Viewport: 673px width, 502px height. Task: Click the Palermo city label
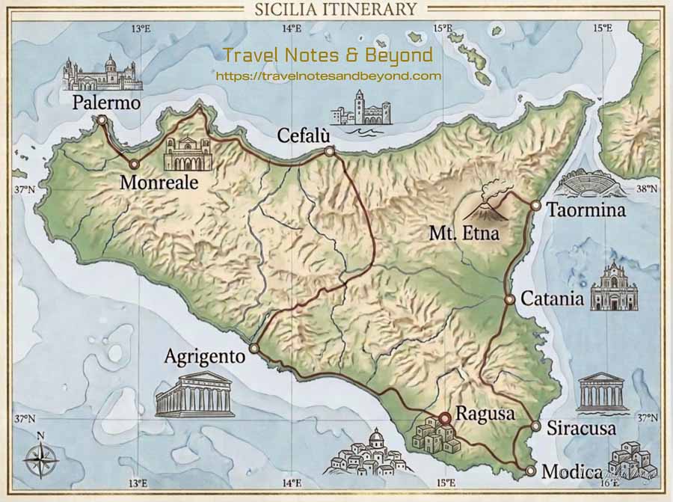[x=106, y=102]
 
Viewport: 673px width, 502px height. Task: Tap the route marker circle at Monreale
[x=134, y=164]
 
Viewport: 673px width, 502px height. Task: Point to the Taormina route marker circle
[x=535, y=205]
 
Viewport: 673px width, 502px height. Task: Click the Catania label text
[x=553, y=299]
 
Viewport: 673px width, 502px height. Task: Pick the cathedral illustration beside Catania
[x=614, y=288]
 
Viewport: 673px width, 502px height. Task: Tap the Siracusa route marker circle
[x=535, y=426]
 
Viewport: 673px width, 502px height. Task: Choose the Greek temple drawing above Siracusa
[x=602, y=391]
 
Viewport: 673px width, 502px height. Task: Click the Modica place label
[x=571, y=472]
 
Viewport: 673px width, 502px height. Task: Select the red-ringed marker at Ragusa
[x=444, y=418]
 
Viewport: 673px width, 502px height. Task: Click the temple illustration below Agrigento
[x=194, y=395]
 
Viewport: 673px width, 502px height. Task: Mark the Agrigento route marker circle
[x=254, y=348]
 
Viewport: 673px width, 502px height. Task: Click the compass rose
[x=40, y=458]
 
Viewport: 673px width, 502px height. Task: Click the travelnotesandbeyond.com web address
[x=328, y=76]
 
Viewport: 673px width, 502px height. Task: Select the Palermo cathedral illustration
[x=102, y=73]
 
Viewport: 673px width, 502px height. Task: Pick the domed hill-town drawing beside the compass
[x=368, y=453]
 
